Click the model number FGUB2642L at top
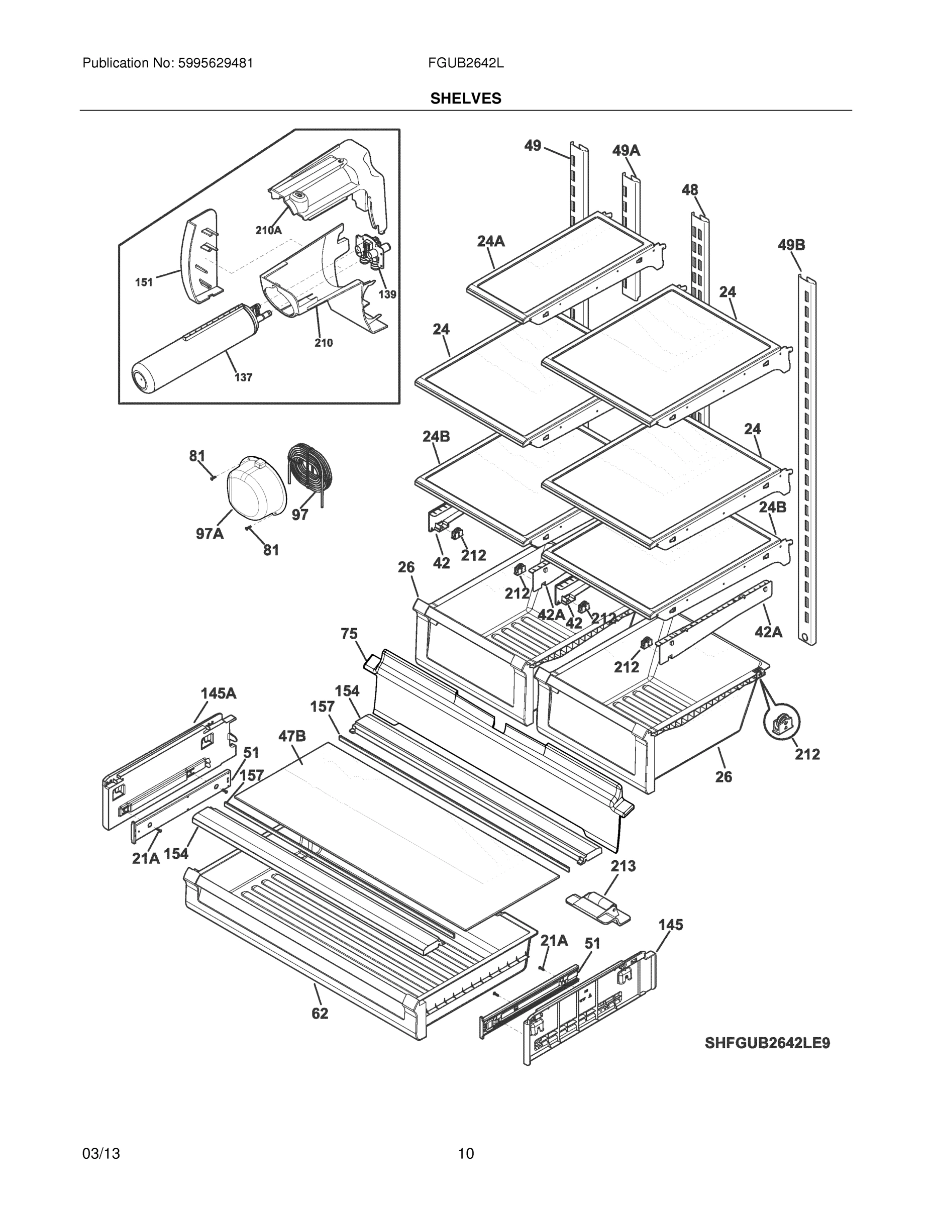[x=465, y=63]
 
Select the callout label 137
[x=243, y=378]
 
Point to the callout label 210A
[x=268, y=230]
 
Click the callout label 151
[x=144, y=283]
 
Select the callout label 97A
[x=210, y=534]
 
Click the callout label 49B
[x=791, y=245]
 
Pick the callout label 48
[x=690, y=190]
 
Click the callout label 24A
[x=491, y=241]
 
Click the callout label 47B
[x=292, y=736]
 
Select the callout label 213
[x=623, y=866]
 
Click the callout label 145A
[x=218, y=693]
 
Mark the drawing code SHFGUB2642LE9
[x=767, y=1043]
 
